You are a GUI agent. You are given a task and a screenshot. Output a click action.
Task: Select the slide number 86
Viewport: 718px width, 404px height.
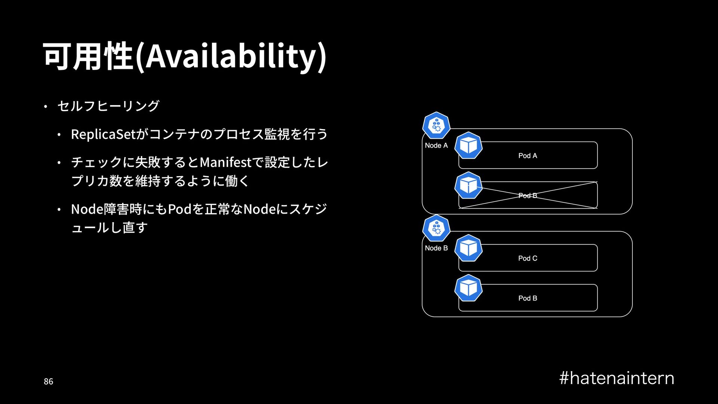pos(48,382)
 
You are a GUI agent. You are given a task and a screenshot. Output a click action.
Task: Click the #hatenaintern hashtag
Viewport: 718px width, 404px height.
pos(617,378)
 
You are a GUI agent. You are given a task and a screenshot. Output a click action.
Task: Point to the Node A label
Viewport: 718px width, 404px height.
pos(436,146)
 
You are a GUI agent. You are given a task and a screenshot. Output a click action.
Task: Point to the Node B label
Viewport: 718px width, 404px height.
pos(436,248)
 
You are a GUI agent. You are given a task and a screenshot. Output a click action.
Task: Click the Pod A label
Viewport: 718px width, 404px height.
pos(528,156)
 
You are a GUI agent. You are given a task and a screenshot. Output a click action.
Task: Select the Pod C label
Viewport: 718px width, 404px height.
pos(528,258)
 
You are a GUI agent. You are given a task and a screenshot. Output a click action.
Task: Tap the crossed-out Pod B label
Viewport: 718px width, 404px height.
pos(528,196)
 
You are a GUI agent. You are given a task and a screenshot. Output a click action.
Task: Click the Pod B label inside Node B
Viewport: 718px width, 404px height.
pos(528,298)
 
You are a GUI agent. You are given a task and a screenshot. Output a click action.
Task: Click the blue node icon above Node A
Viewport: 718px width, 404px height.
pos(436,125)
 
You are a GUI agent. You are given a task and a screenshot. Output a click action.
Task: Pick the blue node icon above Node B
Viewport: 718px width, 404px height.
pos(436,228)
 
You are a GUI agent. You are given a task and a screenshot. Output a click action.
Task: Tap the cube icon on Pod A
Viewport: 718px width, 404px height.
pos(469,146)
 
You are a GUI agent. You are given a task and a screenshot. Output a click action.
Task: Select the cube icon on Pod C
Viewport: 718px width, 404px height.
pos(469,248)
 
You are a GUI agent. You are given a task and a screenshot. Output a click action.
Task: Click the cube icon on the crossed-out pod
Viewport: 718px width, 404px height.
pos(469,186)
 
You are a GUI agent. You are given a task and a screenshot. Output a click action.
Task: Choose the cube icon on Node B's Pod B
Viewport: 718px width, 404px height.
pos(469,288)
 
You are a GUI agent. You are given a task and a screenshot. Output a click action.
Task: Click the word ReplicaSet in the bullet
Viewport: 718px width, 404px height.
pos(103,134)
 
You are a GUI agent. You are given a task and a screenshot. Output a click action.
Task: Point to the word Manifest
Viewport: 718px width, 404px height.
pos(225,162)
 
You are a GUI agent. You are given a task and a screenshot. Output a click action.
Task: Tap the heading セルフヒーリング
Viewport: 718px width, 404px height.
pos(108,106)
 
